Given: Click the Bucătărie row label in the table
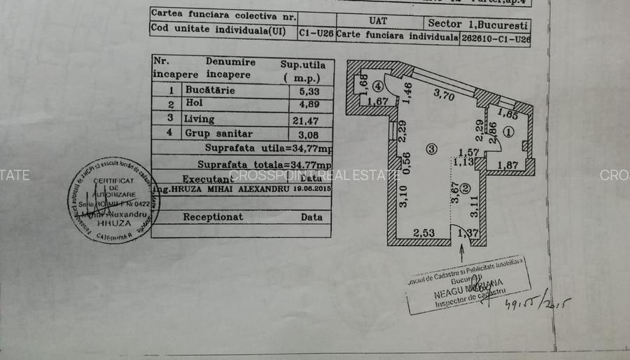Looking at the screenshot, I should (x=210, y=90).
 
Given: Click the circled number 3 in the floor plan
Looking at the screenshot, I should (x=431, y=148).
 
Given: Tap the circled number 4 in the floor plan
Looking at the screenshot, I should (x=378, y=87).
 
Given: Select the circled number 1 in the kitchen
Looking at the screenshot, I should (x=508, y=130).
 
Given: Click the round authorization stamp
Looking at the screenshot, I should (x=113, y=200).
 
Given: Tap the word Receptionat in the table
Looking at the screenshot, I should (x=213, y=217).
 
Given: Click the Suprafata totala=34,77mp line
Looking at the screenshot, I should (x=265, y=165).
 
